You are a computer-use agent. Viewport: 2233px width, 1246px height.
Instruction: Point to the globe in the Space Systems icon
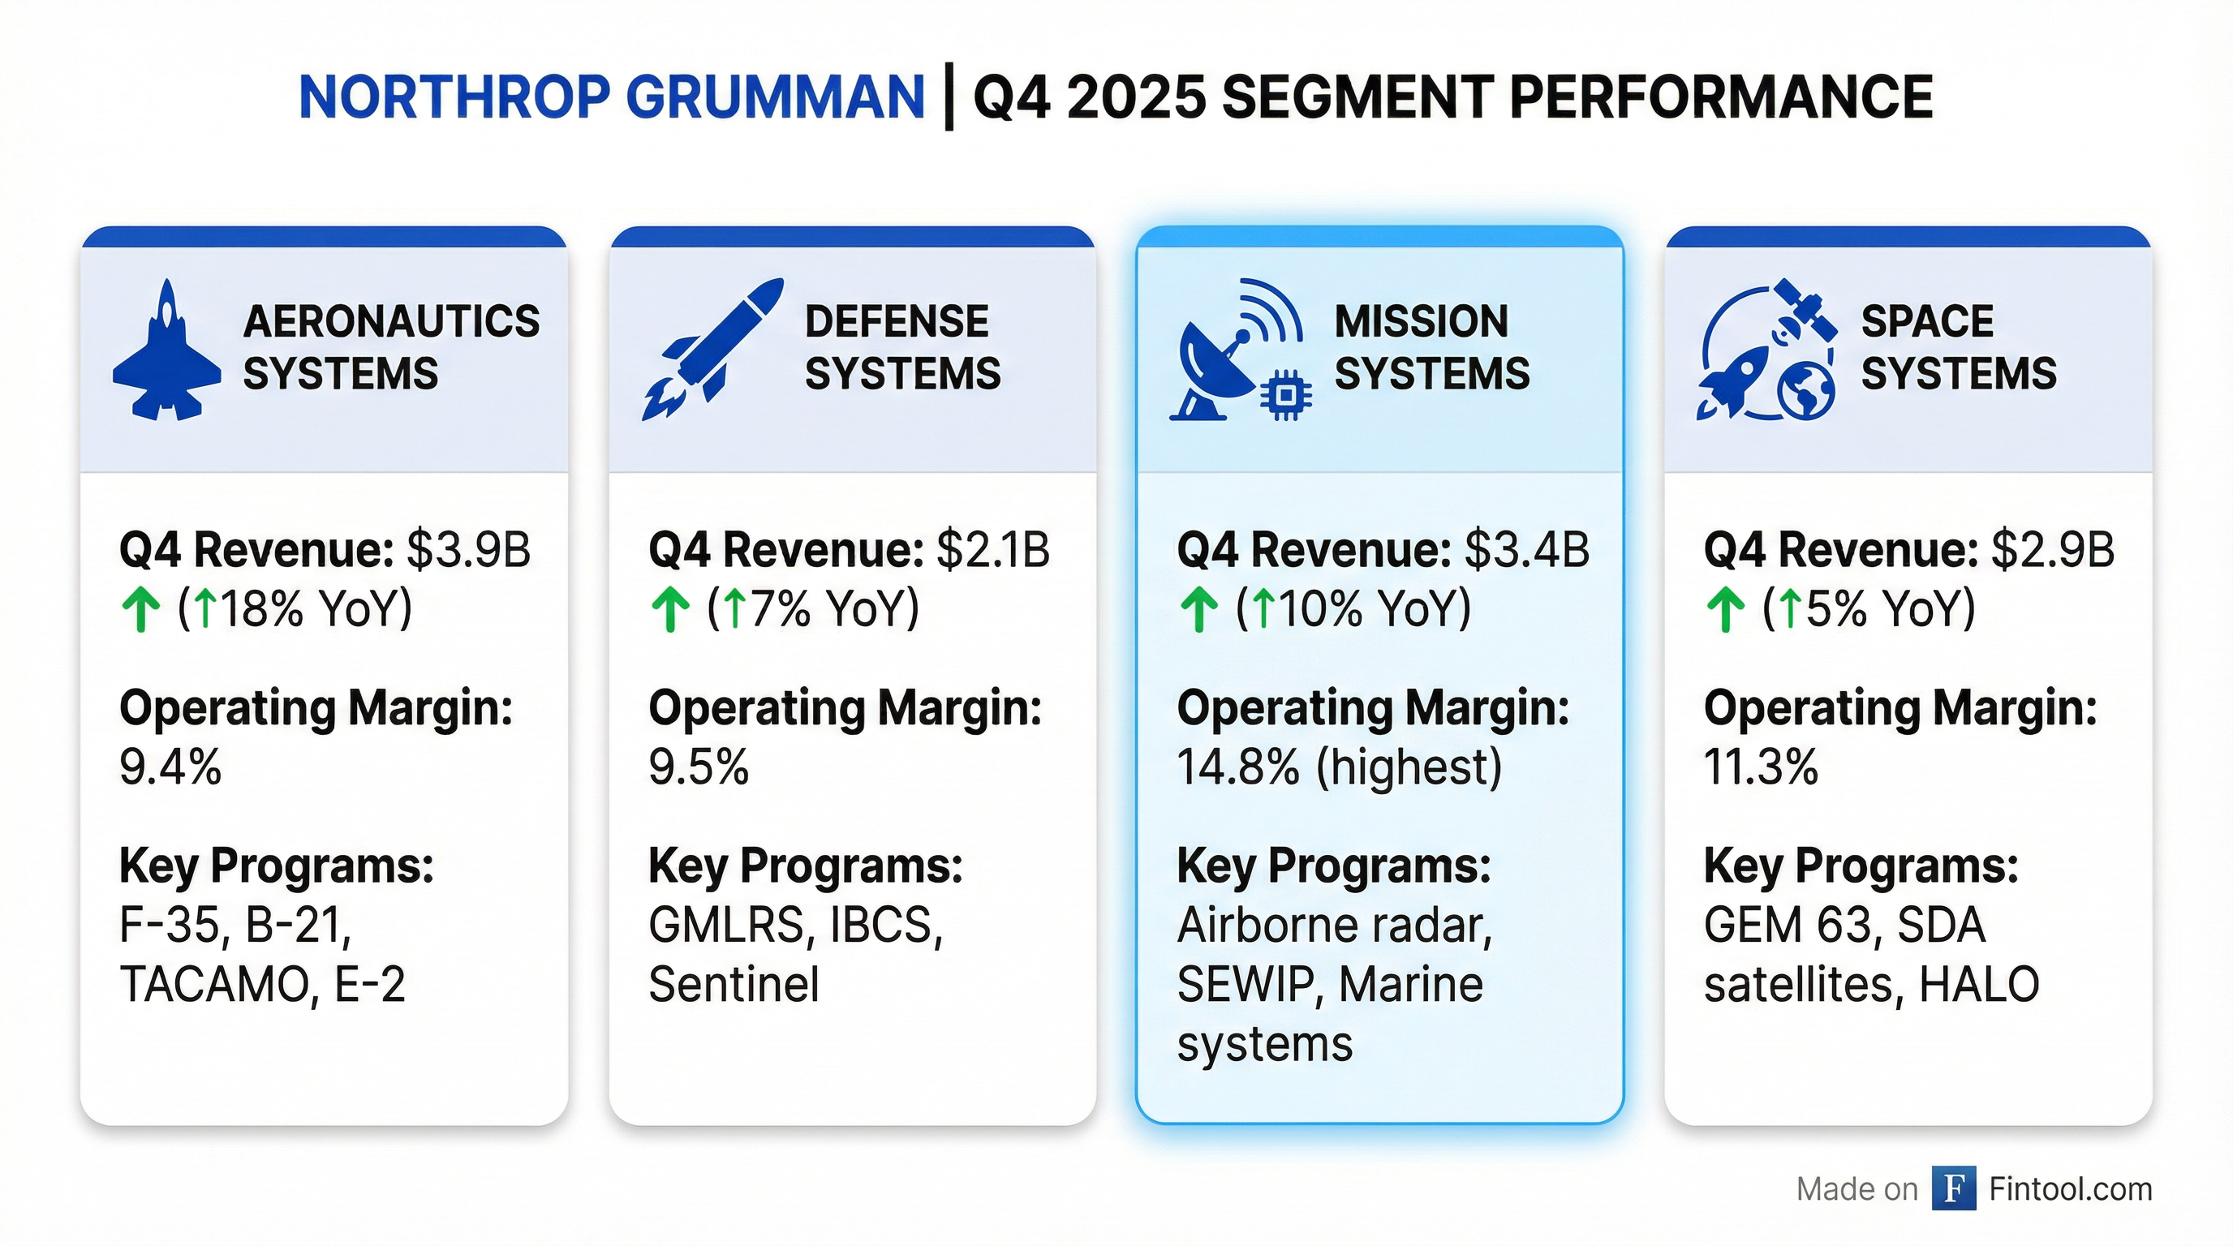[x=1806, y=390]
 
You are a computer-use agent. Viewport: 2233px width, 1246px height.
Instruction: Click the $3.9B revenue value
[x=468, y=549]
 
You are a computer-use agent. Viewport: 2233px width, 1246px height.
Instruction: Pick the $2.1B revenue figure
[x=992, y=549]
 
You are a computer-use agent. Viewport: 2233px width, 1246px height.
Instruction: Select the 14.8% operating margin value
[x=1238, y=767]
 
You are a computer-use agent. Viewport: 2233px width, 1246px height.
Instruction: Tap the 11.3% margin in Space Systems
[x=1761, y=767]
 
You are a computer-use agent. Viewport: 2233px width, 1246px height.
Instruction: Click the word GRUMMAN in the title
[x=775, y=97]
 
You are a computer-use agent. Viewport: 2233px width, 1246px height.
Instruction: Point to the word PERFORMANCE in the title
[x=1720, y=97]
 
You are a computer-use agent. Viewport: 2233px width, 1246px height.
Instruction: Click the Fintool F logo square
[x=1954, y=1188]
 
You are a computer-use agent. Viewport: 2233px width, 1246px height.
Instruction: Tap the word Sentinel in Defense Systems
[x=734, y=984]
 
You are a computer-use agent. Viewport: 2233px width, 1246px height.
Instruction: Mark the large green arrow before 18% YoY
[x=140, y=609]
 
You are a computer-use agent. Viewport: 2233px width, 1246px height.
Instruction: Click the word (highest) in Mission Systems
[x=1409, y=767]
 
